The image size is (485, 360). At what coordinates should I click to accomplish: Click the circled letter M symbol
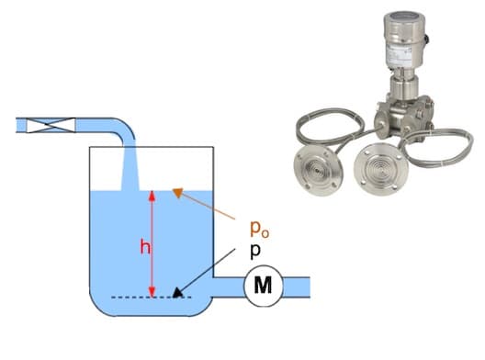click(264, 286)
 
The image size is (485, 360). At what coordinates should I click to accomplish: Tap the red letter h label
click(145, 247)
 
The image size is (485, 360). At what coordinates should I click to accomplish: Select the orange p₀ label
click(259, 230)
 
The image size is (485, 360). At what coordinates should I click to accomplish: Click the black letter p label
click(255, 251)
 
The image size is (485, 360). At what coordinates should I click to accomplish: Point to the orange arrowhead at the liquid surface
click(178, 192)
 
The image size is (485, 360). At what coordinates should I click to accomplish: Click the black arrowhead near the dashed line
click(177, 293)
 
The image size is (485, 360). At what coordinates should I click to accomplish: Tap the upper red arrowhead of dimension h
click(152, 196)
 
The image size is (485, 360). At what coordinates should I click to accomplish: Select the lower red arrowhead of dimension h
click(152, 292)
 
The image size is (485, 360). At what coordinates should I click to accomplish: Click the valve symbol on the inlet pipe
click(51, 125)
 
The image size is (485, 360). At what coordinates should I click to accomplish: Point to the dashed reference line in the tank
click(152, 298)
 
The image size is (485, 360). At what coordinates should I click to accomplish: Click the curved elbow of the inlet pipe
click(125, 129)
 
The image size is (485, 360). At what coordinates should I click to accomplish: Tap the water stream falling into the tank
click(130, 169)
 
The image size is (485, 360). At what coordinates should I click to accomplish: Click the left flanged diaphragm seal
click(318, 171)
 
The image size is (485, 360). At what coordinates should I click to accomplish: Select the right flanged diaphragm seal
click(381, 169)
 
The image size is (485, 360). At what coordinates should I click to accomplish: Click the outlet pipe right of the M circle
click(297, 287)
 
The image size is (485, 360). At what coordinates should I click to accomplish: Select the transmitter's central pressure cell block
click(403, 116)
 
